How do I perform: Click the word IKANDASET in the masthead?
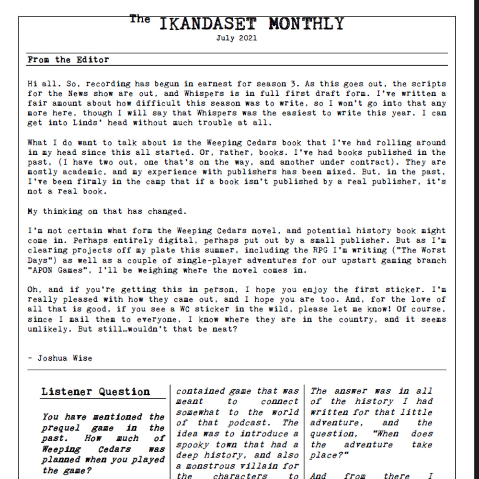click(x=207, y=23)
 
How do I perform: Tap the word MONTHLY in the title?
click(x=306, y=23)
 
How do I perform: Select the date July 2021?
click(x=236, y=38)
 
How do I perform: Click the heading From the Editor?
click(x=68, y=60)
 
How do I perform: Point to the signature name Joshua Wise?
click(x=65, y=358)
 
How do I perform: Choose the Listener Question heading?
click(x=95, y=392)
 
